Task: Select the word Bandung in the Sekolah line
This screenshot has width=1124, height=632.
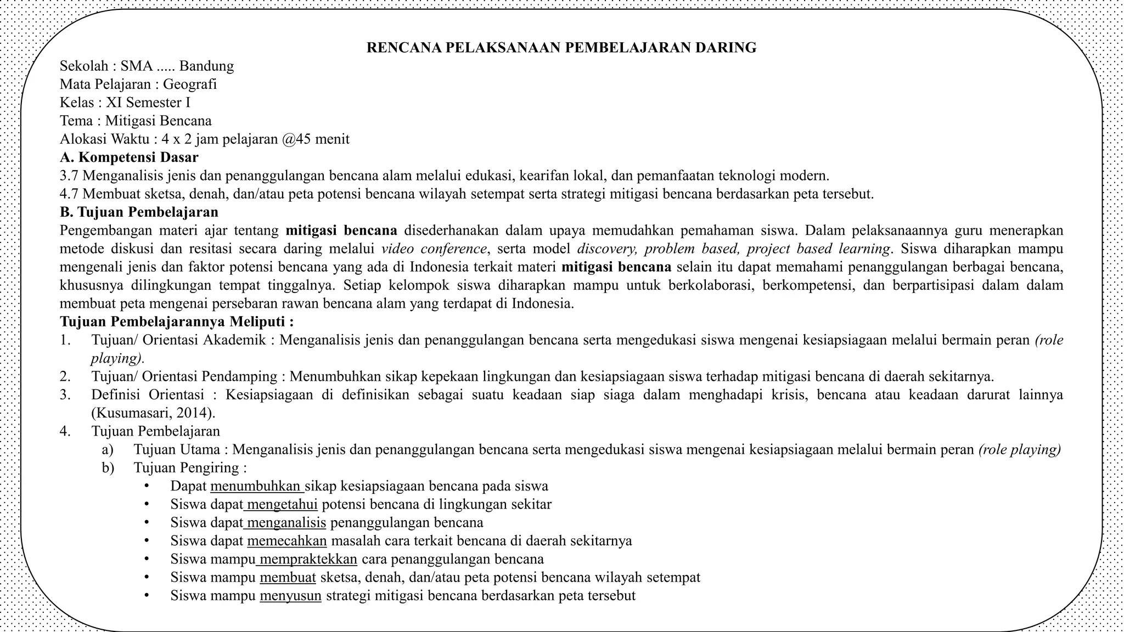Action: click(206, 66)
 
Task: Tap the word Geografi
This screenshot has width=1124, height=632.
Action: click(190, 84)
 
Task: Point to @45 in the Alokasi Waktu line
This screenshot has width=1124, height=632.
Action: click(296, 139)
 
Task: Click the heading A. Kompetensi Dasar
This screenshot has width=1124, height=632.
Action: click(129, 157)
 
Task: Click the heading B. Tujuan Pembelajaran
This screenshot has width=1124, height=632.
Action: click(139, 212)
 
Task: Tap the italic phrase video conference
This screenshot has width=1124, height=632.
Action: click(434, 249)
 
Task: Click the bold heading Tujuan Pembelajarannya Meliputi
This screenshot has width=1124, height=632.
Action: click(176, 321)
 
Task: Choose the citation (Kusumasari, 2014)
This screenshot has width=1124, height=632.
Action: click(153, 413)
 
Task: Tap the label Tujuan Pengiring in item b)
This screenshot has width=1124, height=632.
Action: click(187, 468)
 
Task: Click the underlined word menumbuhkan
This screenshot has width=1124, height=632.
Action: click(256, 487)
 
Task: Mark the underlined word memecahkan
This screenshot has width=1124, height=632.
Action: click(286, 541)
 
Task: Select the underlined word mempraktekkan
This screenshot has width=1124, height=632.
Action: click(307, 560)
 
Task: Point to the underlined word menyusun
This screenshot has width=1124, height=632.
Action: click(290, 596)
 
